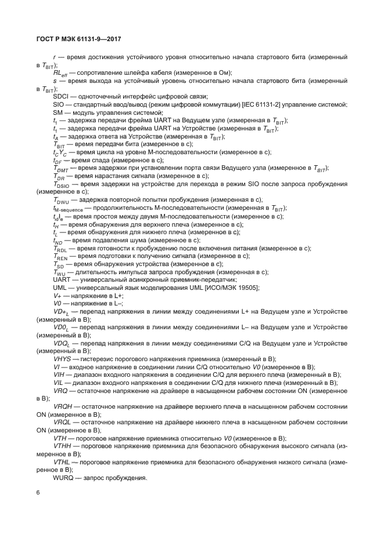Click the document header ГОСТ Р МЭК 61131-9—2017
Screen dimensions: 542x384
[78, 39]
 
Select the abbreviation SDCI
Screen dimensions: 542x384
[60, 96]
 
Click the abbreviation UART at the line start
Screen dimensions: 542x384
[62, 279]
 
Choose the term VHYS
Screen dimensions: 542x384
[62, 359]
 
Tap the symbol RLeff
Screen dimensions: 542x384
[60, 72]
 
